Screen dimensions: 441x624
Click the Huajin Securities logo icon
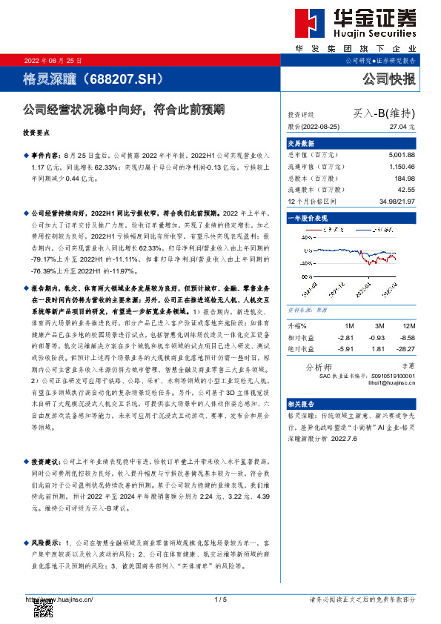306,22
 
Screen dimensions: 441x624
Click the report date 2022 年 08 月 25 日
54,59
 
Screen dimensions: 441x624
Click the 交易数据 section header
302,142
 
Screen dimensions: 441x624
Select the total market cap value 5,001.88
401,154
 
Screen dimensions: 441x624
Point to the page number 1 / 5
220,599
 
